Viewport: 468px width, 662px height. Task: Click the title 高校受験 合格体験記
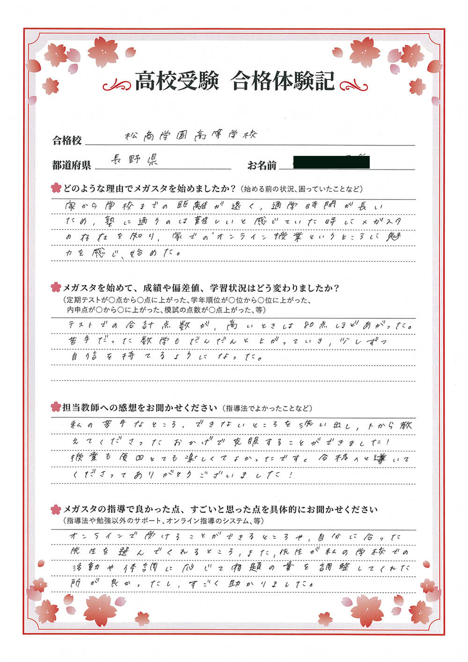click(235, 81)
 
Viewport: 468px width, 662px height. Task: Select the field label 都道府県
click(72, 165)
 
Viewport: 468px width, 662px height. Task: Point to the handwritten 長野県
click(134, 161)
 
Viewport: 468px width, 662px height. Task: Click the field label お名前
click(262, 165)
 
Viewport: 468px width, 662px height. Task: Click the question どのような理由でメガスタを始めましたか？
click(149, 189)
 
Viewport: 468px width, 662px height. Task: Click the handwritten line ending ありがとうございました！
click(183, 475)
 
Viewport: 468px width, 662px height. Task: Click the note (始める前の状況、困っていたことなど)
click(302, 189)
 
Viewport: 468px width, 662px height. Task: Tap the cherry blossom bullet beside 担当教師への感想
click(56, 407)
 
